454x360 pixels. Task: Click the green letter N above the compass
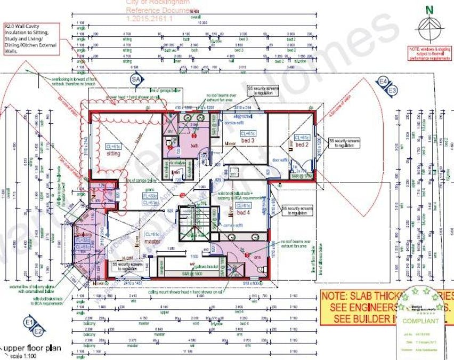tap(430, 9)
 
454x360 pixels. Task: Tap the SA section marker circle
tap(136, 79)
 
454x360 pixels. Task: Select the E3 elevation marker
tap(393, 91)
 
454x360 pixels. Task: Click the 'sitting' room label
tap(112, 154)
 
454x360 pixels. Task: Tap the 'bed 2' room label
tap(302, 145)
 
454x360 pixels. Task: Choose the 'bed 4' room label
tap(242, 213)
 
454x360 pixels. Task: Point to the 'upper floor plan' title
tap(33, 348)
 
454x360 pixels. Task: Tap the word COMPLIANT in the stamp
tap(420, 321)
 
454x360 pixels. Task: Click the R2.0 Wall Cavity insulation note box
tap(31, 38)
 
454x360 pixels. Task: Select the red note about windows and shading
tap(430, 54)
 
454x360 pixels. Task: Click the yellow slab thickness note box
tap(387, 307)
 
